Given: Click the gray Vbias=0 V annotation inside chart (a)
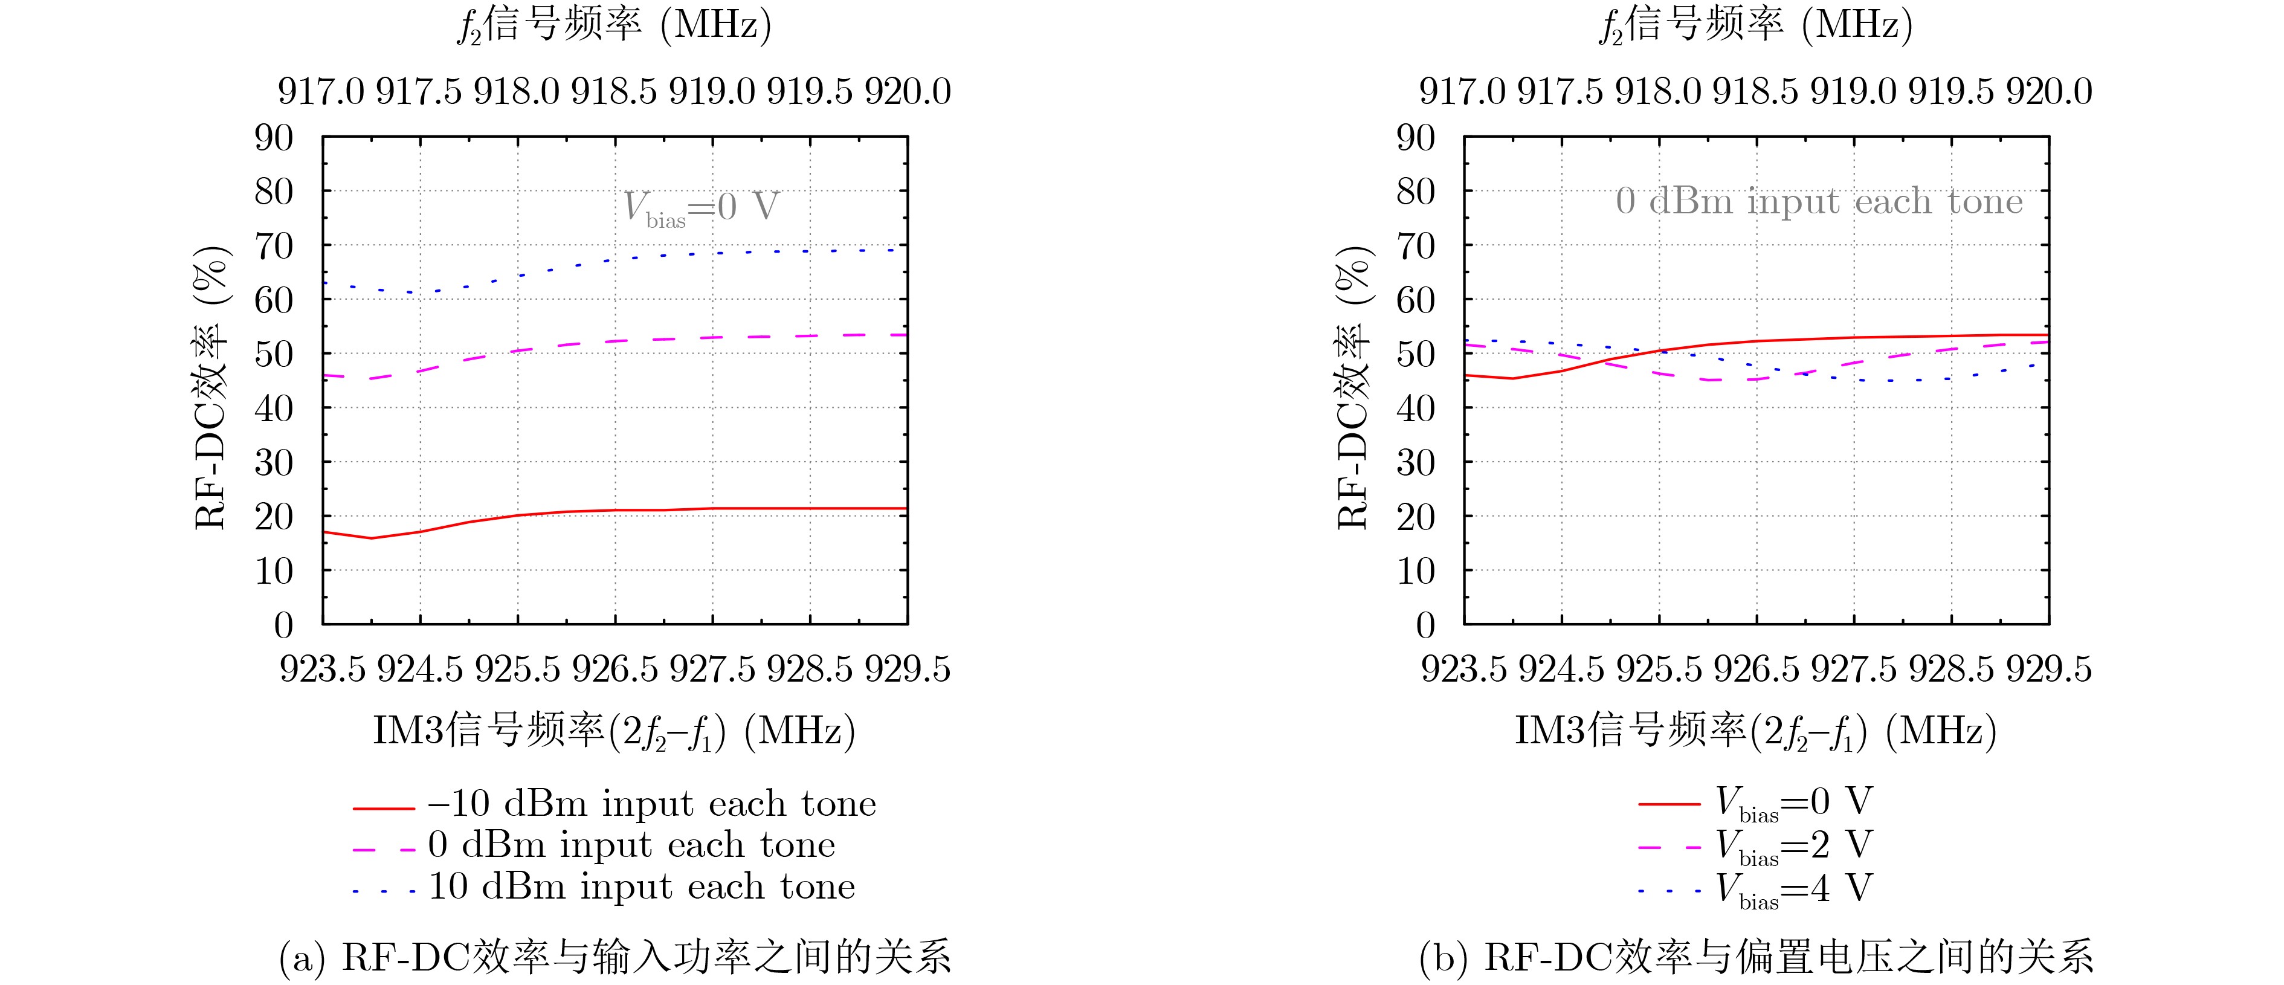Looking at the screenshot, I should (x=700, y=207).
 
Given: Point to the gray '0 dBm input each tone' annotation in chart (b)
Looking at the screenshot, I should (x=1819, y=201).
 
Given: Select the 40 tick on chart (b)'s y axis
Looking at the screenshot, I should (x=1415, y=409).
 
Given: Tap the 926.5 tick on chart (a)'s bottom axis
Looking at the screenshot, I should (x=615, y=668).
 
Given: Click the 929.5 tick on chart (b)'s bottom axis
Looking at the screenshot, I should (x=2048, y=668).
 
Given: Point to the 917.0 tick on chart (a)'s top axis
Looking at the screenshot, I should (x=321, y=91).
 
